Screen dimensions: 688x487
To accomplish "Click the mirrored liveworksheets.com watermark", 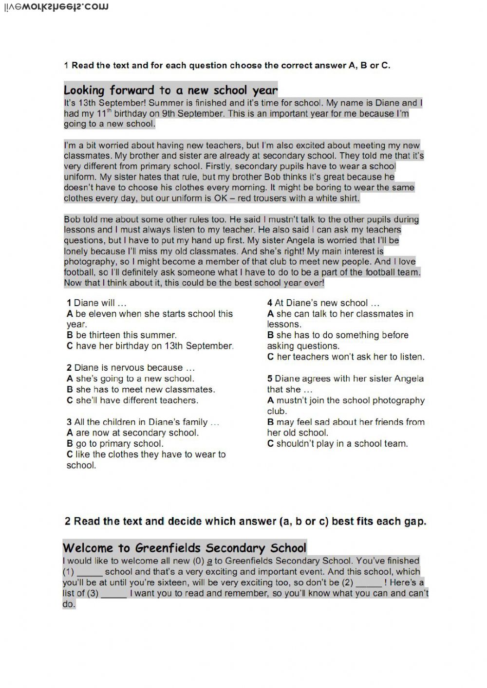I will (56, 7).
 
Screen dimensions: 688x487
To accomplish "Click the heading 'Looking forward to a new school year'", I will (170, 90).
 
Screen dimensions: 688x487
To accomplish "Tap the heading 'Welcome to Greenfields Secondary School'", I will (185, 548).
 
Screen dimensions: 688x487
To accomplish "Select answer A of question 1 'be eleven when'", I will (150, 314).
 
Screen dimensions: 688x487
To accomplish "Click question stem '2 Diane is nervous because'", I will (131, 368).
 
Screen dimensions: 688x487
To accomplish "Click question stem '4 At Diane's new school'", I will (323, 303).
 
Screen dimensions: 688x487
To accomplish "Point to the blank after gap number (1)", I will (90, 573).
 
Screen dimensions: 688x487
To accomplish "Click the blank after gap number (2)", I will (369, 583).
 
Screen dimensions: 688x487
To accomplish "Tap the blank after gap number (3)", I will (114, 594).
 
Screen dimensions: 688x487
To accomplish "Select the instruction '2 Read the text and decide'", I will (245, 522).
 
